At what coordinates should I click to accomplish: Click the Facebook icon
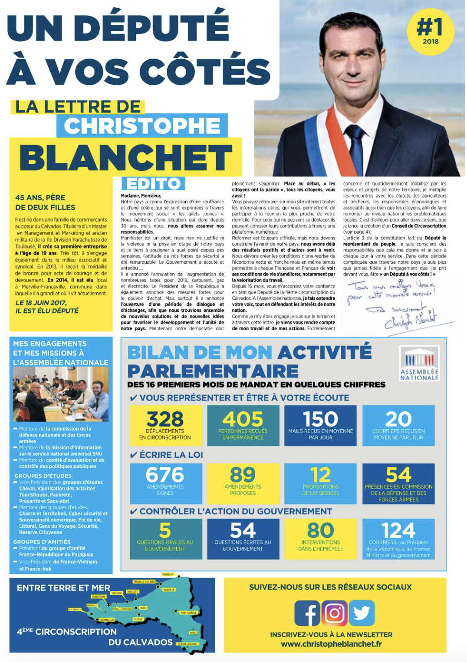(307, 613)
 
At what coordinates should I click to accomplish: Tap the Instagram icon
(335, 613)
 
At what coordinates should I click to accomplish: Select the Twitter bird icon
(362, 613)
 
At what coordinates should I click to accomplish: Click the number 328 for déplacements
(165, 419)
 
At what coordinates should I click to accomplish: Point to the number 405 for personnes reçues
(243, 419)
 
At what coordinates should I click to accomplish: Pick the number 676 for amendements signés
(165, 475)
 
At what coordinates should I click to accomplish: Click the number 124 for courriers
(398, 530)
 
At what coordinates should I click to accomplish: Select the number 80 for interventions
(320, 530)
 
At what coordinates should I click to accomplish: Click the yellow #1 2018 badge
(430, 31)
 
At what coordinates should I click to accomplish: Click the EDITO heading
(153, 184)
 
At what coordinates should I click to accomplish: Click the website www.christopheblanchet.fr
(331, 644)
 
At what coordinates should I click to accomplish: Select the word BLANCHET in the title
(126, 157)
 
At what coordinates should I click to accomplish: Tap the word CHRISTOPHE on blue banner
(142, 126)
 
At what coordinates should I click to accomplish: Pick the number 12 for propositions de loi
(320, 475)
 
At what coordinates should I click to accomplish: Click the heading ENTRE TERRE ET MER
(63, 588)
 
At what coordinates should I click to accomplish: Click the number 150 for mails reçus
(320, 419)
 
